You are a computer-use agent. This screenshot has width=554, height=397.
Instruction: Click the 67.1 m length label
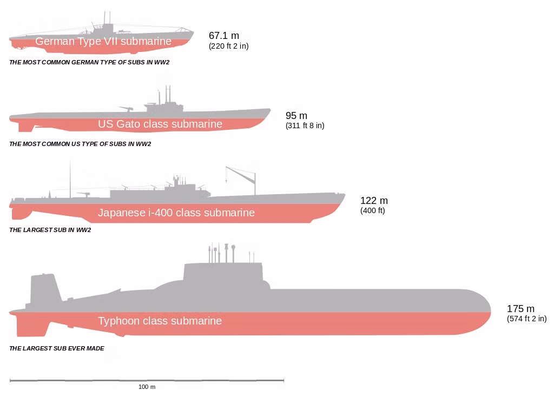tap(223, 36)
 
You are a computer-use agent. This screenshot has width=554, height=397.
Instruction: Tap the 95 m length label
tap(296, 116)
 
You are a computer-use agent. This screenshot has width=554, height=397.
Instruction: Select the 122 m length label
tap(374, 201)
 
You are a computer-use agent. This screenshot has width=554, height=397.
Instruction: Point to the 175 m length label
tap(520, 309)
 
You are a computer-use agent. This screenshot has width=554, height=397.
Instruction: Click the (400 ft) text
tap(372, 210)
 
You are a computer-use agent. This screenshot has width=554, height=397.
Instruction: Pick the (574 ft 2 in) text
tap(526, 319)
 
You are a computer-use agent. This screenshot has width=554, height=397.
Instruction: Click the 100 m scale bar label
tap(147, 387)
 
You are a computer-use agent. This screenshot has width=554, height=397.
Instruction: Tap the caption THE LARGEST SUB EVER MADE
tap(56, 348)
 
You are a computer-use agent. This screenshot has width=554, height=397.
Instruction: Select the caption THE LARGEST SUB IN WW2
tap(50, 230)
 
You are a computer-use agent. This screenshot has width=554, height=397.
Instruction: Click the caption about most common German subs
tap(89, 62)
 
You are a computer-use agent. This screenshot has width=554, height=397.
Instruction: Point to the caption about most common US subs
tap(80, 144)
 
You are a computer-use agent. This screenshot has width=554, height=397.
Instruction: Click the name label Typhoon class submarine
tap(160, 321)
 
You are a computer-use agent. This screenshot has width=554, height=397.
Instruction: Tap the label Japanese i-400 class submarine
tap(176, 213)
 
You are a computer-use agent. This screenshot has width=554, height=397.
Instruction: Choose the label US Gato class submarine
tap(160, 124)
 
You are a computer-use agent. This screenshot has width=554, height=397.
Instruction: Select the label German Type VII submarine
tap(103, 41)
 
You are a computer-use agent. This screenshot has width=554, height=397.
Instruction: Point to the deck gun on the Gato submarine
tap(126, 108)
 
